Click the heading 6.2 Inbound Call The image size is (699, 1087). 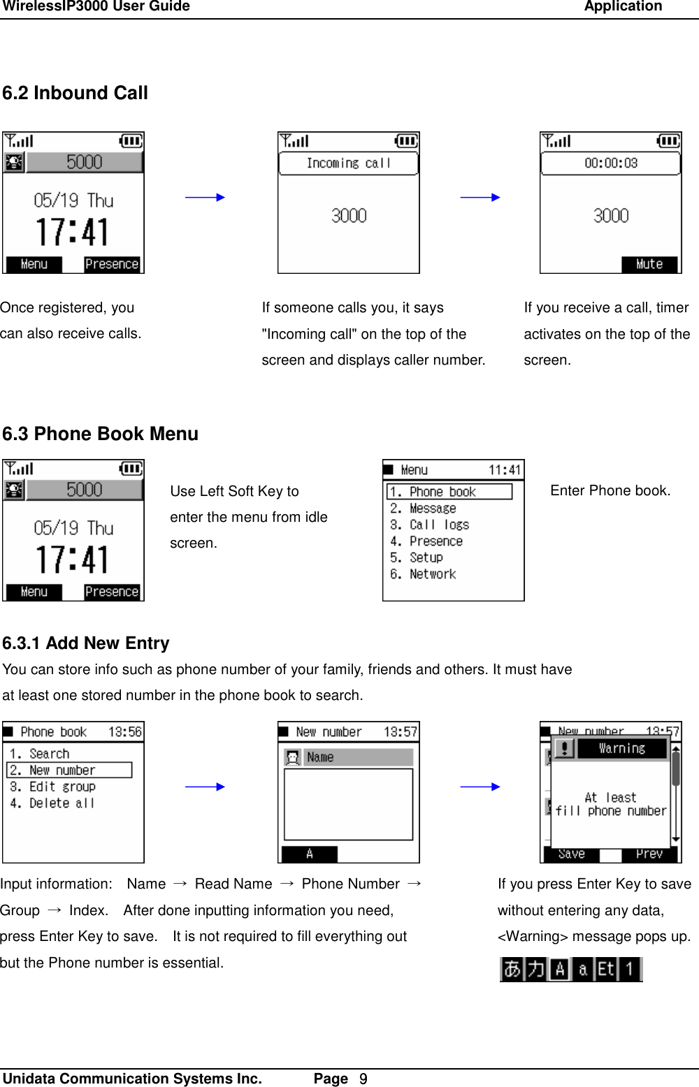[x=75, y=93]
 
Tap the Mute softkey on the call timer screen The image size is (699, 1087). [x=649, y=264]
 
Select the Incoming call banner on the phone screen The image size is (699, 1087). [x=348, y=163]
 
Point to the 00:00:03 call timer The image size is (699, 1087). [x=610, y=163]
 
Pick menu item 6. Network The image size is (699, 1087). [x=424, y=574]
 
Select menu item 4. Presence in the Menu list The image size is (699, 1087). [x=426, y=541]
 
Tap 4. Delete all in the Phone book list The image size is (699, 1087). [x=52, y=803]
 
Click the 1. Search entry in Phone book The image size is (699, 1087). [x=40, y=754]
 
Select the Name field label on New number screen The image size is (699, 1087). [x=320, y=757]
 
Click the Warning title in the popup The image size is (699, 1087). [x=621, y=748]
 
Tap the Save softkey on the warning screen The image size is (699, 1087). [x=571, y=854]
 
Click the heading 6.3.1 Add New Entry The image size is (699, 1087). [x=86, y=643]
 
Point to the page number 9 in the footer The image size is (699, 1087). [x=363, y=1079]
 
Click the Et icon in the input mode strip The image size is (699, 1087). [x=606, y=969]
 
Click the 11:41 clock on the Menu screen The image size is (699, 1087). [x=504, y=470]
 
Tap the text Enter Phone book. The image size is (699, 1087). [x=610, y=490]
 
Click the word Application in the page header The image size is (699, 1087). [x=623, y=7]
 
